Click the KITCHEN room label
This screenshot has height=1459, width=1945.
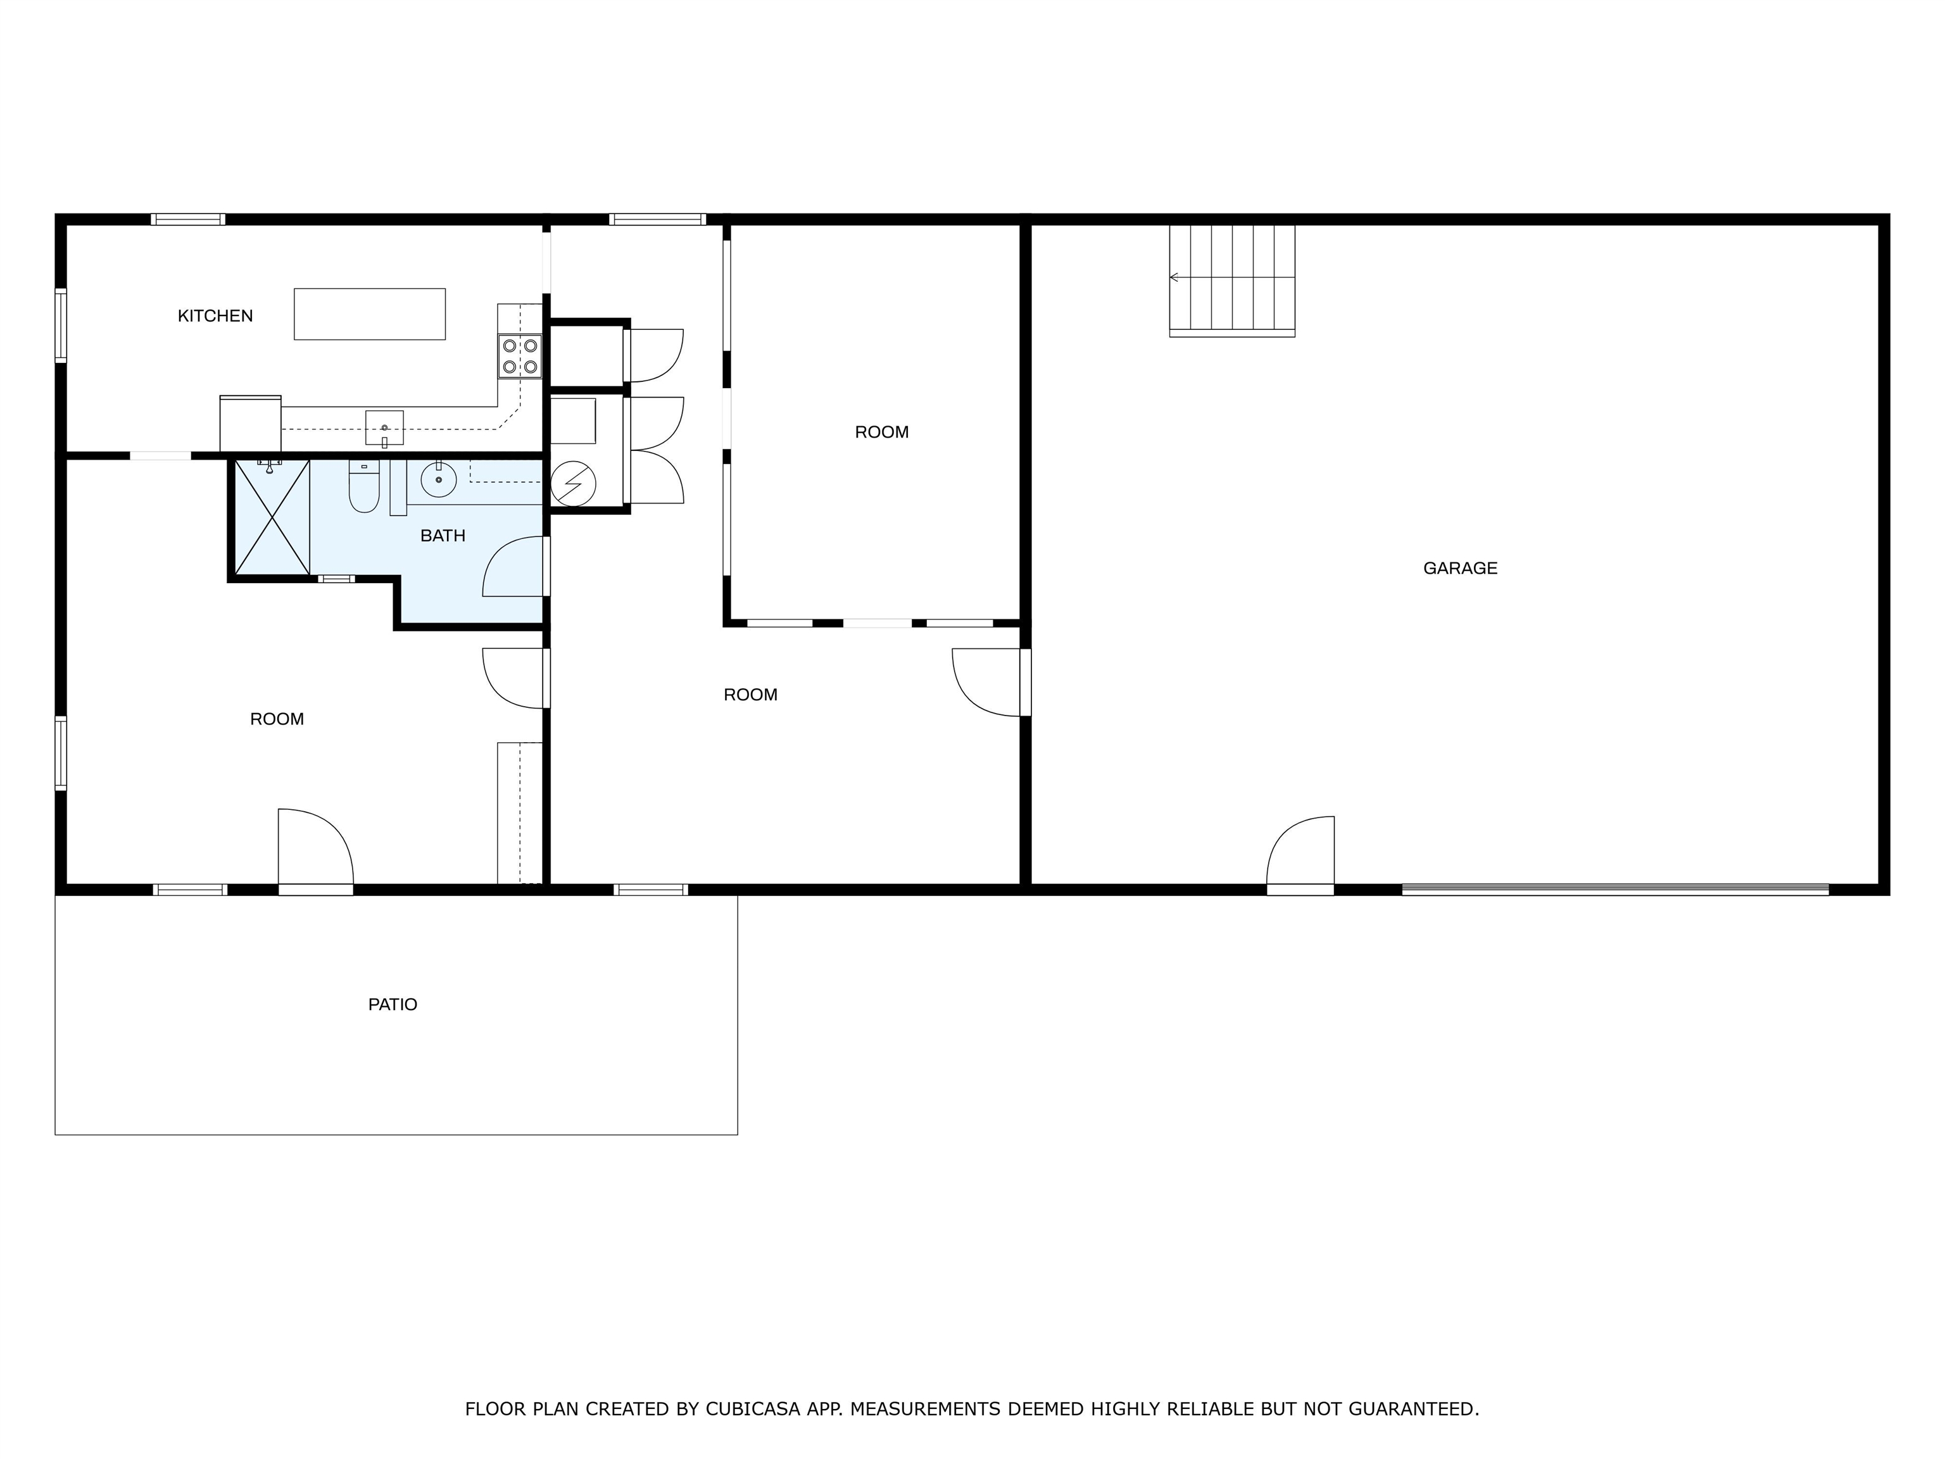point(215,316)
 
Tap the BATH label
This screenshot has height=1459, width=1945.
point(443,536)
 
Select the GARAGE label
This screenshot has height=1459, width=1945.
point(1459,568)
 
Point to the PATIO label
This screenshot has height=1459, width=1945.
point(392,1004)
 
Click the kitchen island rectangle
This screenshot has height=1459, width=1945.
point(369,314)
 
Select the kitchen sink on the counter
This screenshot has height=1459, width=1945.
point(384,428)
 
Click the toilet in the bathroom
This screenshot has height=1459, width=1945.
point(364,486)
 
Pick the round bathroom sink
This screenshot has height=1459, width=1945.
point(438,480)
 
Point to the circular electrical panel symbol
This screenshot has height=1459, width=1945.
point(573,484)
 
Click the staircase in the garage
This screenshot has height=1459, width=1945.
point(1232,281)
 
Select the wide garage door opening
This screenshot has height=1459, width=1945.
point(1615,890)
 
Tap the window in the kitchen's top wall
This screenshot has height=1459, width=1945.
point(187,220)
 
